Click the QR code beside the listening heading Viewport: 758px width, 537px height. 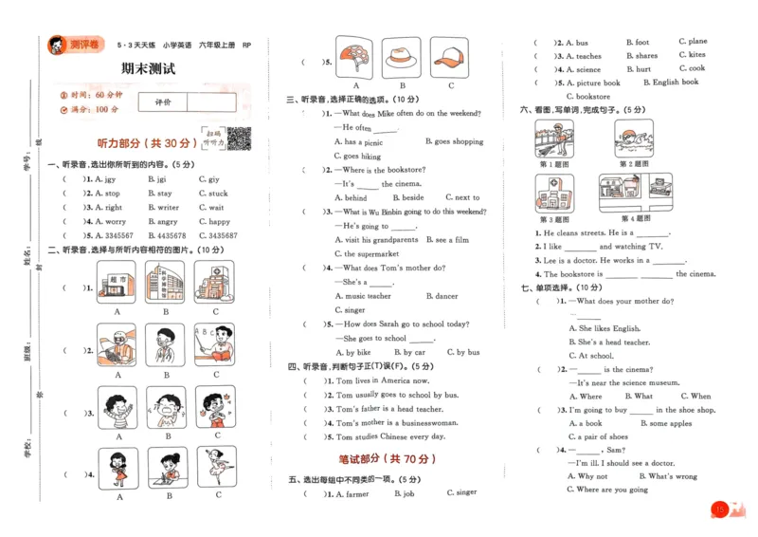[x=238, y=139]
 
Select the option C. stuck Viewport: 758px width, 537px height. [x=213, y=194]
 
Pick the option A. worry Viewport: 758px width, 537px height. [x=106, y=221]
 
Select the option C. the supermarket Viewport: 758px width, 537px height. [x=370, y=254]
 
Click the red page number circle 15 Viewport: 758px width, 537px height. [x=720, y=510]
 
